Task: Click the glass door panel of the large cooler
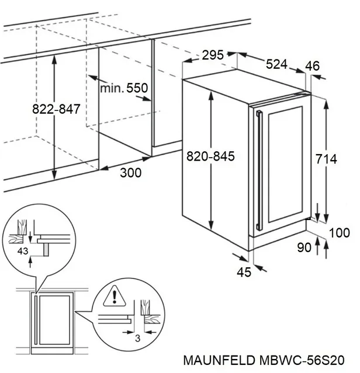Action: click(284, 163)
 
